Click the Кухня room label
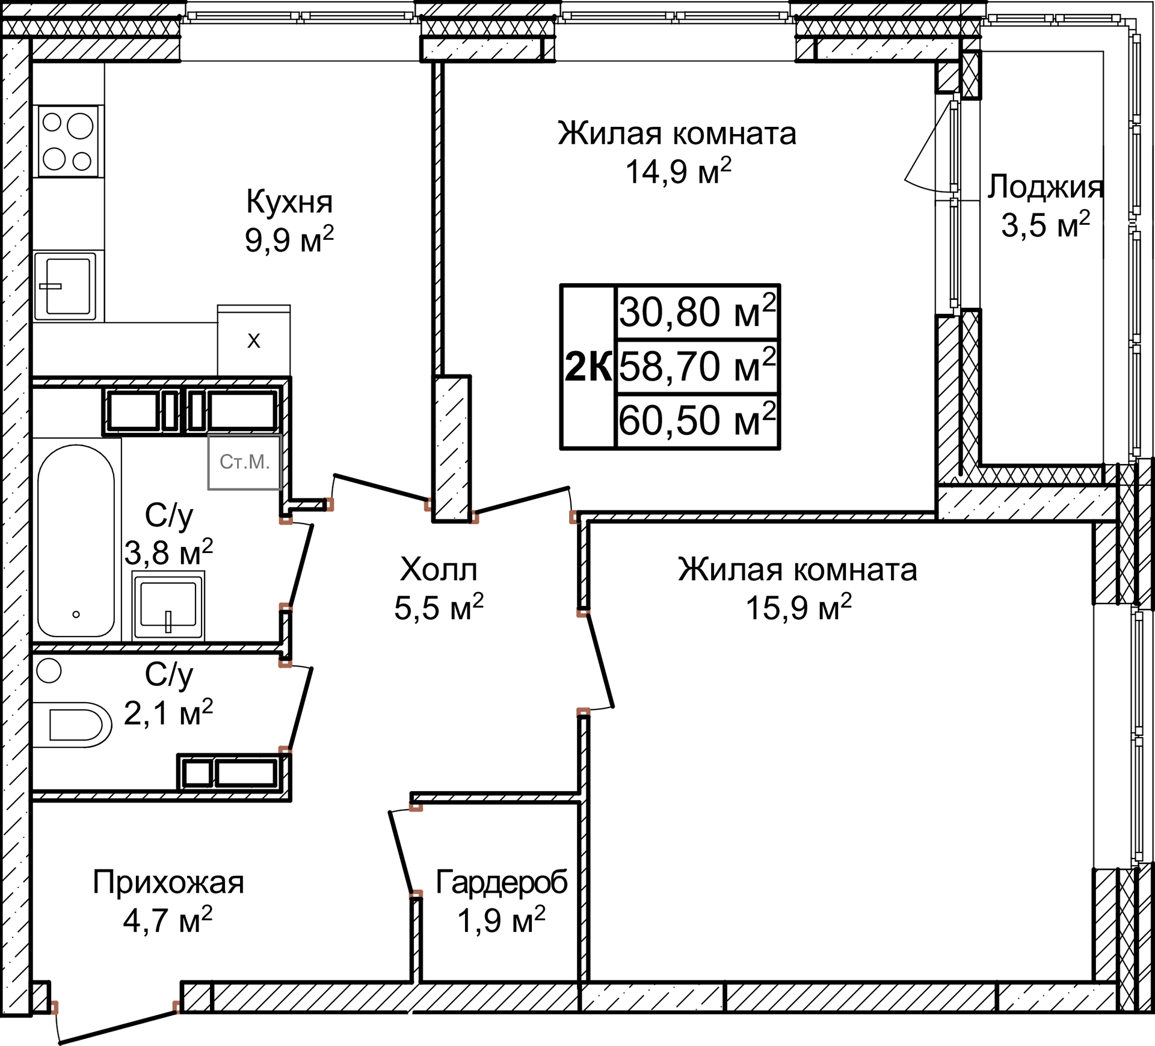click(x=289, y=202)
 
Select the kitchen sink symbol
click(x=66, y=286)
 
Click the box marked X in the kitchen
click(x=254, y=341)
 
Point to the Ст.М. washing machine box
click(x=244, y=462)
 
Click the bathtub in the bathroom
click(x=76, y=541)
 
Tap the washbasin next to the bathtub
click(x=168, y=605)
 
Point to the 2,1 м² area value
click(x=168, y=713)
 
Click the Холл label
click(x=439, y=569)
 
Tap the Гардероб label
click(x=501, y=882)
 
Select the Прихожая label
click(x=168, y=882)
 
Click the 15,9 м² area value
click(x=798, y=608)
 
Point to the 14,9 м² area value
click(x=678, y=172)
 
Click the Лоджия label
click(x=1045, y=186)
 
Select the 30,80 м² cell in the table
click(x=697, y=311)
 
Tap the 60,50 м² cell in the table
click(x=697, y=420)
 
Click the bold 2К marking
click(x=588, y=367)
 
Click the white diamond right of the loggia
click(x=1117, y=223)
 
